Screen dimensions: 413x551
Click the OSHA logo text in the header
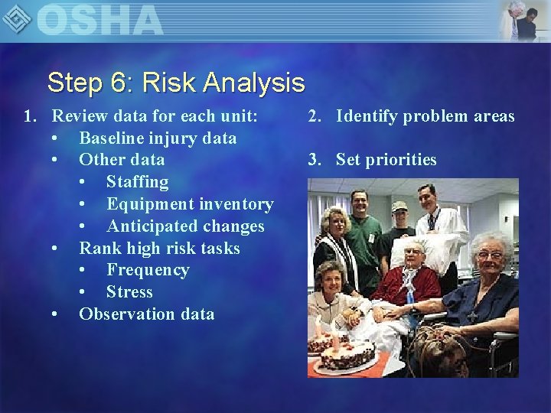(99, 20)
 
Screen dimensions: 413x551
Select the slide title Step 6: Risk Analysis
(175, 82)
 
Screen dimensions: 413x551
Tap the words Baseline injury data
(158, 138)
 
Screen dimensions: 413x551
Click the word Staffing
(137, 182)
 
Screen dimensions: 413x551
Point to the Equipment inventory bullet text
(190, 204)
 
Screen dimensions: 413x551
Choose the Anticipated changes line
(185, 226)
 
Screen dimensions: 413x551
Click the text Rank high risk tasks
(159, 249)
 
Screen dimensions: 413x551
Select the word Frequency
(148, 270)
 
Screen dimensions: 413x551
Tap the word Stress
(129, 292)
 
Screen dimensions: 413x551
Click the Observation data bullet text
(147, 314)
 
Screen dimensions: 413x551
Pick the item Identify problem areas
(425, 116)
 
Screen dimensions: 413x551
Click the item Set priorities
(386, 160)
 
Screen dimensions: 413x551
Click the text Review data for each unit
(154, 116)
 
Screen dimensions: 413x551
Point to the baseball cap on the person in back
(399, 206)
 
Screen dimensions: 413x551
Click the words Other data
(122, 160)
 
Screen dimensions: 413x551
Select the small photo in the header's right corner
(523, 20)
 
